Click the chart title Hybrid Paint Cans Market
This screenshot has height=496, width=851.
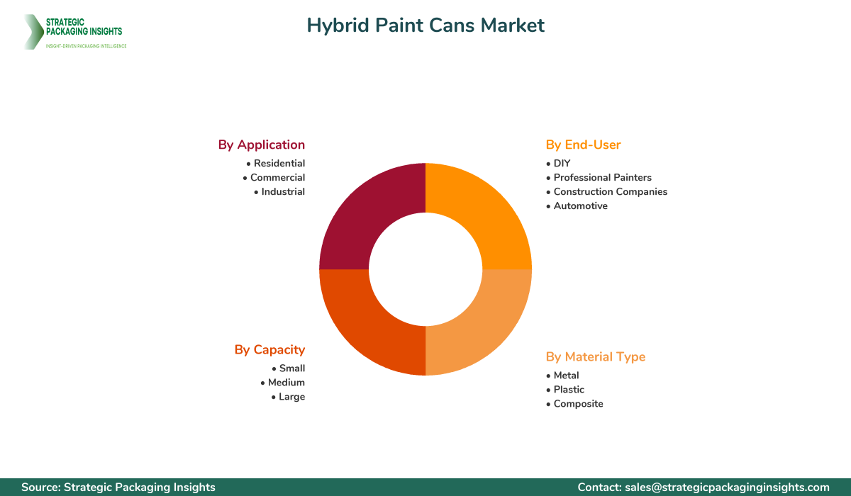click(425, 26)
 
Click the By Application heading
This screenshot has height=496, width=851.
click(261, 145)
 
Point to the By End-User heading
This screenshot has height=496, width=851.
click(583, 145)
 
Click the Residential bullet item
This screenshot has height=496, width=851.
click(279, 164)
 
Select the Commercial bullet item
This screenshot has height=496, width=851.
click(277, 178)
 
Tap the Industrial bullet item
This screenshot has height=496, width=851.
click(283, 192)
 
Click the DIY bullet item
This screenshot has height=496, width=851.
click(562, 164)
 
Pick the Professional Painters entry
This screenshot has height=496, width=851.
click(602, 178)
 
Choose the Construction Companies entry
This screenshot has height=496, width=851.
click(610, 192)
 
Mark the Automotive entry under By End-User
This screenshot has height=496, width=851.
click(580, 206)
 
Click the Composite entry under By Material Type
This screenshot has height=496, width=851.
click(578, 404)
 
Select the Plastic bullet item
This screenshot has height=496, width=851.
click(569, 390)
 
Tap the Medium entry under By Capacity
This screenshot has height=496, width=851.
click(286, 383)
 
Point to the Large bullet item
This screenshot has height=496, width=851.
click(291, 397)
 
